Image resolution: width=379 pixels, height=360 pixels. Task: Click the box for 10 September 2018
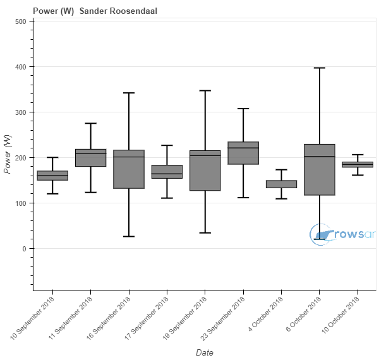coord(52,176)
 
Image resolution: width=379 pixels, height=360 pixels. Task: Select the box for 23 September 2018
coord(243,153)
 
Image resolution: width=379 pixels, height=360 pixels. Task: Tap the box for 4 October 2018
coord(281,184)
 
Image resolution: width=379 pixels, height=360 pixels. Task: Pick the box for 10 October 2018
coord(358,164)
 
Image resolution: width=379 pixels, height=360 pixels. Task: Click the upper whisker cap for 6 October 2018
coord(320,68)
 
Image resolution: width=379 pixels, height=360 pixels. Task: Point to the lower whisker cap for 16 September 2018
coord(129,236)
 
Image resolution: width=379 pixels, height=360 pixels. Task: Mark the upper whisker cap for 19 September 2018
coord(205,90)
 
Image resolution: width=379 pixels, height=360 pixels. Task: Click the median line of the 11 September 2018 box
coord(91,153)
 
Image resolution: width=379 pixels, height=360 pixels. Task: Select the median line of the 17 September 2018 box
coord(167,174)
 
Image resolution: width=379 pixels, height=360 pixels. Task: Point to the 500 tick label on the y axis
coord(21,21)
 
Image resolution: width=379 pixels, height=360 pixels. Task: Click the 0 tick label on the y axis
coord(24,249)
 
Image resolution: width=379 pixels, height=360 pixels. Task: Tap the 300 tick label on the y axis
coord(21,112)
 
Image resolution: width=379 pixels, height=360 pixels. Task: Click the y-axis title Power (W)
coord(8,157)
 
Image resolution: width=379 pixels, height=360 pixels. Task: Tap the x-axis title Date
coord(205,352)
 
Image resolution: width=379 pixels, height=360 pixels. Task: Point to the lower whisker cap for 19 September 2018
coord(205,233)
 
